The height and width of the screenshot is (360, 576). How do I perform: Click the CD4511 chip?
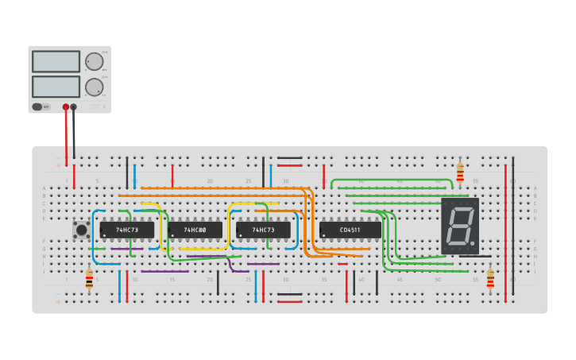350,230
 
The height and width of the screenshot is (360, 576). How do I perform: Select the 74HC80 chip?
195,230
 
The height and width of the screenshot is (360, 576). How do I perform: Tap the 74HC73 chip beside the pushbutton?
127,230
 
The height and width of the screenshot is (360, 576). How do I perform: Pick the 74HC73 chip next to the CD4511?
263,230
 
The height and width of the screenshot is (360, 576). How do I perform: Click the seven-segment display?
460,226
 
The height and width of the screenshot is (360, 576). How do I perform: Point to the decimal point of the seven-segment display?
474,243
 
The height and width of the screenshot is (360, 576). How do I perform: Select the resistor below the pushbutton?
89,278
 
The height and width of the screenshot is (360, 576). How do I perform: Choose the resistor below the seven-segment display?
490,278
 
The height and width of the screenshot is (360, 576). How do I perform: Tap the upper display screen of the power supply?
56,62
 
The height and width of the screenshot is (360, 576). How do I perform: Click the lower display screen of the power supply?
56,86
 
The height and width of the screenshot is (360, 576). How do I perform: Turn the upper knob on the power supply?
95,62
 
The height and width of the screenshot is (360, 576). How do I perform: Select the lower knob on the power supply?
95,87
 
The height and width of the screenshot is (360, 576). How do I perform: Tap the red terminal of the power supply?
66,106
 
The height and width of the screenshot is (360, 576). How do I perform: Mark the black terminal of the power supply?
74,106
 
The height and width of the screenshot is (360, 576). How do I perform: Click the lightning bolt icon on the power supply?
102,106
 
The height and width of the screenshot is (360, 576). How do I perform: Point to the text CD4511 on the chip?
350,230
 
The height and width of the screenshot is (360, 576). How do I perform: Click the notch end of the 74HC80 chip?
170,230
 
